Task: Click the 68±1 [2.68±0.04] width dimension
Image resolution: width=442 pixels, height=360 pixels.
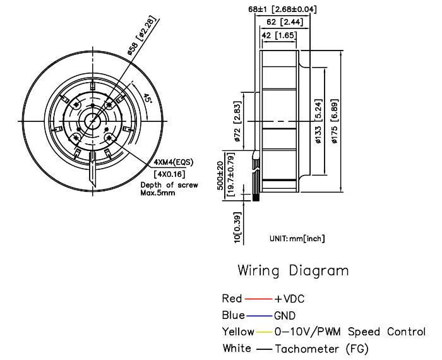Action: (283, 9)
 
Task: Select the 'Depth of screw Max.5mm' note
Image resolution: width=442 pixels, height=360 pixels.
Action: (169, 188)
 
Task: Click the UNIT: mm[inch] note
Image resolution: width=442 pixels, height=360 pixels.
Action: (297, 239)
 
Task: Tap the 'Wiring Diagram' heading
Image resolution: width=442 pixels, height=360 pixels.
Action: (293, 271)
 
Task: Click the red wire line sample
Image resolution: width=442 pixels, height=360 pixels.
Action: (258, 298)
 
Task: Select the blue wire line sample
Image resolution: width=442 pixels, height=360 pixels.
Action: (259, 315)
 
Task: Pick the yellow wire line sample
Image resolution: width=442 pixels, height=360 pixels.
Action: (263, 332)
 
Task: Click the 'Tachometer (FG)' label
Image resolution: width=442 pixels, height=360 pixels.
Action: (321, 349)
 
